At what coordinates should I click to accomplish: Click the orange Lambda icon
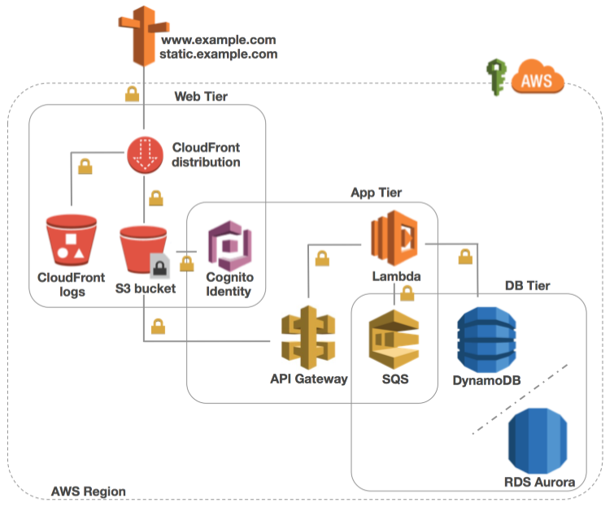[394, 237]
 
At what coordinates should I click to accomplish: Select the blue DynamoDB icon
[486, 336]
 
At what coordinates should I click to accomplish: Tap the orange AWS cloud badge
[533, 80]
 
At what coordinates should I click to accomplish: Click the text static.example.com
[220, 54]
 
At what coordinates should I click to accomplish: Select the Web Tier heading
[201, 97]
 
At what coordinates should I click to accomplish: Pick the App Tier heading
[376, 193]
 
